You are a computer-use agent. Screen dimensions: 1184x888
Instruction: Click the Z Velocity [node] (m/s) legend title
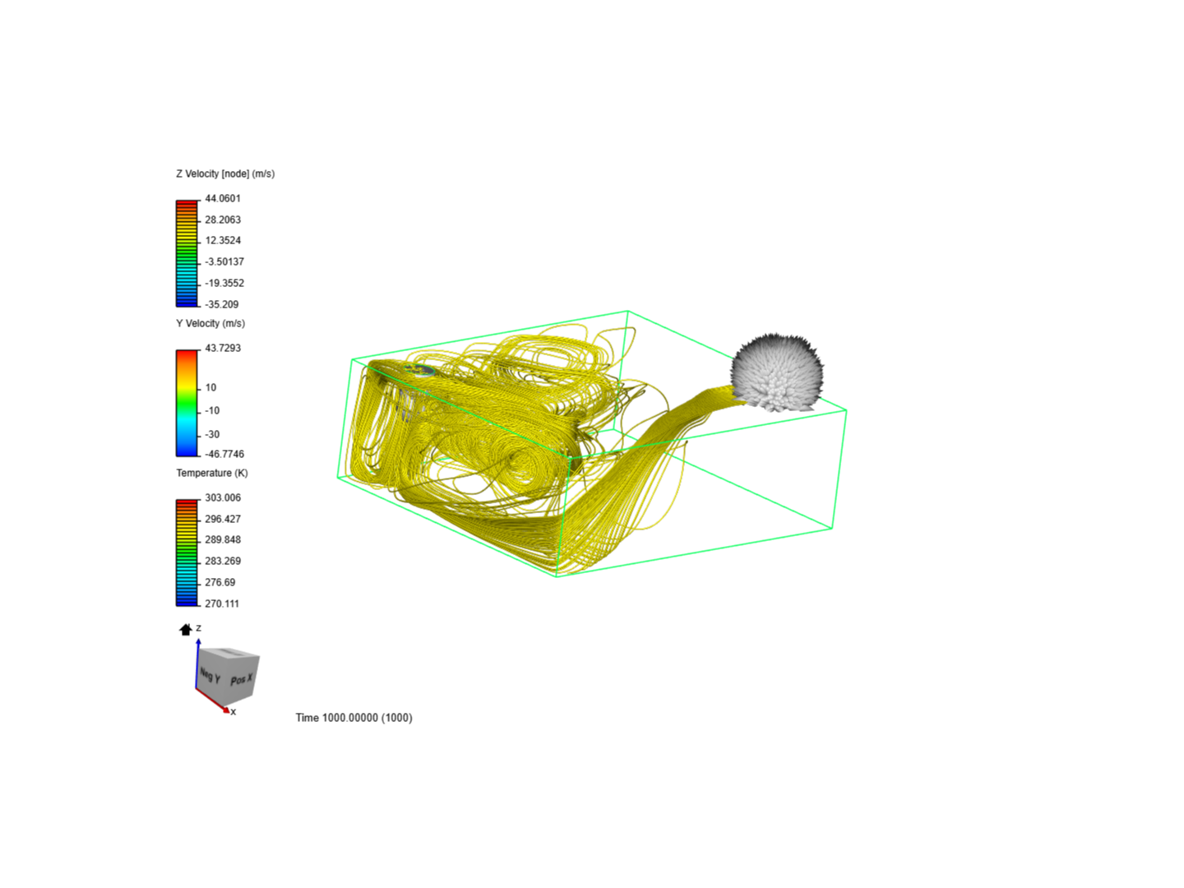pyautogui.click(x=225, y=173)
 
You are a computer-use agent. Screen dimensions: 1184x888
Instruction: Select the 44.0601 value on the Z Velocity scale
pyautogui.click(x=222, y=198)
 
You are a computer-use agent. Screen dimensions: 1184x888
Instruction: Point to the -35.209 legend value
pyautogui.click(x=221, y=304)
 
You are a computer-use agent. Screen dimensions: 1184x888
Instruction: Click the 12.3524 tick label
pyautogui.click(x=222, y=240)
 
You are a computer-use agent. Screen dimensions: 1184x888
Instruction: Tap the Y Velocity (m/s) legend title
pyautogui.click(x=210, y=323)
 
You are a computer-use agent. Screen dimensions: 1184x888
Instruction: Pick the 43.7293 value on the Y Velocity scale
pyautogui.click(x=222, y=348)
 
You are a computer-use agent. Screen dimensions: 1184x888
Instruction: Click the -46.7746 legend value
pyautogui.click(x=224, y=454)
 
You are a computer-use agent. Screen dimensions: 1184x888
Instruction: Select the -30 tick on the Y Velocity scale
pyautogui.click(x=212, y=435)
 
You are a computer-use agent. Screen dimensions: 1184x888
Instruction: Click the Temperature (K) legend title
pyautogui.click(x=212, y=473)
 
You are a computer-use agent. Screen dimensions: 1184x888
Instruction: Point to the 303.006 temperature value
pyautogui.click(x=222, y=497)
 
